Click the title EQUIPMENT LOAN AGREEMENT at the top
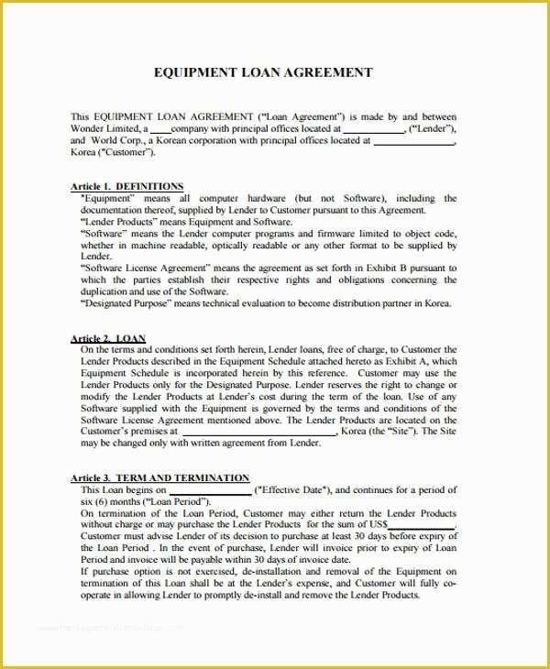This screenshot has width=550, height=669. click(274, 72)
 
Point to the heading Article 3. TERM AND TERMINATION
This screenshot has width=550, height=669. click(159, 477)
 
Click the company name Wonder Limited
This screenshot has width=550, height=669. click(104, 129)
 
